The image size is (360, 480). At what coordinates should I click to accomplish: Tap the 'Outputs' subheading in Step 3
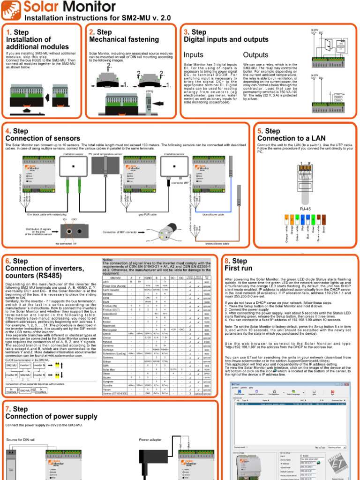[x=255, y=55]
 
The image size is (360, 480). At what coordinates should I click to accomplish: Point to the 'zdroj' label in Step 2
[x=150, y=91]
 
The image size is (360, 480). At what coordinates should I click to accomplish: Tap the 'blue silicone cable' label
[x=213, y=214]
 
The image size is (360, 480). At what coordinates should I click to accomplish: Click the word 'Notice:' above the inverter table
[x=108, y=259]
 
